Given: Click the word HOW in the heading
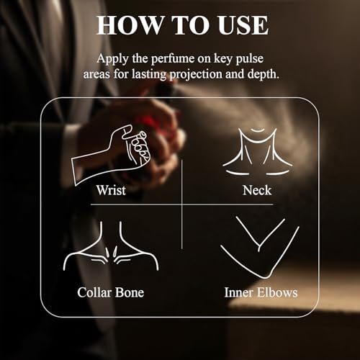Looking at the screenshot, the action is point(130,25).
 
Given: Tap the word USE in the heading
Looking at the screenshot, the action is point(243,25).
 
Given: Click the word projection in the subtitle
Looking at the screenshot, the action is point(196,74).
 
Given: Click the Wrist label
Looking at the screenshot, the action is point(111,190).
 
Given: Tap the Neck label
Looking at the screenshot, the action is point(257,190).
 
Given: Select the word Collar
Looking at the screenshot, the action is point(94,292).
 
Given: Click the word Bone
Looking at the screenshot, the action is point(130,292).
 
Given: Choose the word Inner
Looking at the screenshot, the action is point(238,292).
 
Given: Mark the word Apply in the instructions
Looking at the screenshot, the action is point(112,59).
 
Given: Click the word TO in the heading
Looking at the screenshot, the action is point(190,25).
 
